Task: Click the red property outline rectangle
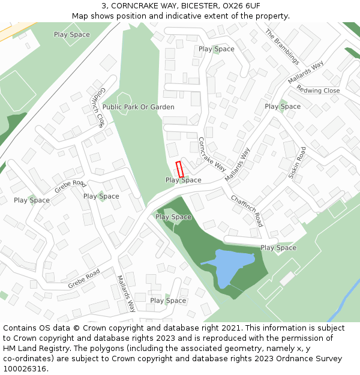179,169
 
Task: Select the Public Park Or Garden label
138,107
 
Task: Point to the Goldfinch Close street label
98,107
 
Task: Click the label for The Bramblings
282,47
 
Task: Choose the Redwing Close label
318,91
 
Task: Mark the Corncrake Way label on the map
212,154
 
